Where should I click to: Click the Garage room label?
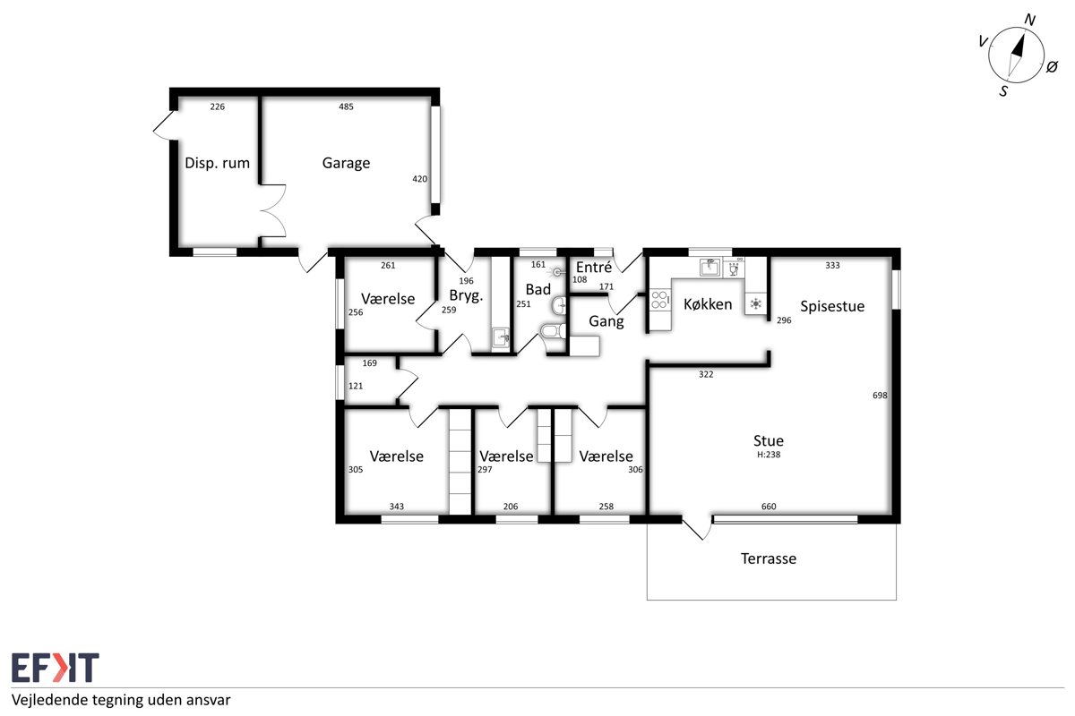(x=346, y=164)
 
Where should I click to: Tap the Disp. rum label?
(x=218, y=163)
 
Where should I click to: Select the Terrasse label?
(x=769, y=558)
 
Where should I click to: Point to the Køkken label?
(x=708, y=304)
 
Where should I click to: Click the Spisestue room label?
(x=832, y=306)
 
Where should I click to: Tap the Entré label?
(x=594, y=267)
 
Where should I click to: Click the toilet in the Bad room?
(x=553, y=331)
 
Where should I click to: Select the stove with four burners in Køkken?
(x=660, y=300)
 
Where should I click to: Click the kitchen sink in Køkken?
(x=709, y=268)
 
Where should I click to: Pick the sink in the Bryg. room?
(x=501, y=337)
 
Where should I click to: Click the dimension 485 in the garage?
(x=346, y=107)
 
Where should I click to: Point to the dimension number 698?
(x=880, y=396)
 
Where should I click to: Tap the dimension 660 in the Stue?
(x=769, y=507)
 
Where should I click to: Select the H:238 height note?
(x=769, y=455)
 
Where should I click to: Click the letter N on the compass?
(x=1029, y=21)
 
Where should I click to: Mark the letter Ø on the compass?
(x=1052, y=66)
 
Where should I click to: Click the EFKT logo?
(x=56, y=667)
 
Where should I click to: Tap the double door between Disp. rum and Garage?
(x=273, y=210)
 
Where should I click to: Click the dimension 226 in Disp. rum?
(x=218, y=107)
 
